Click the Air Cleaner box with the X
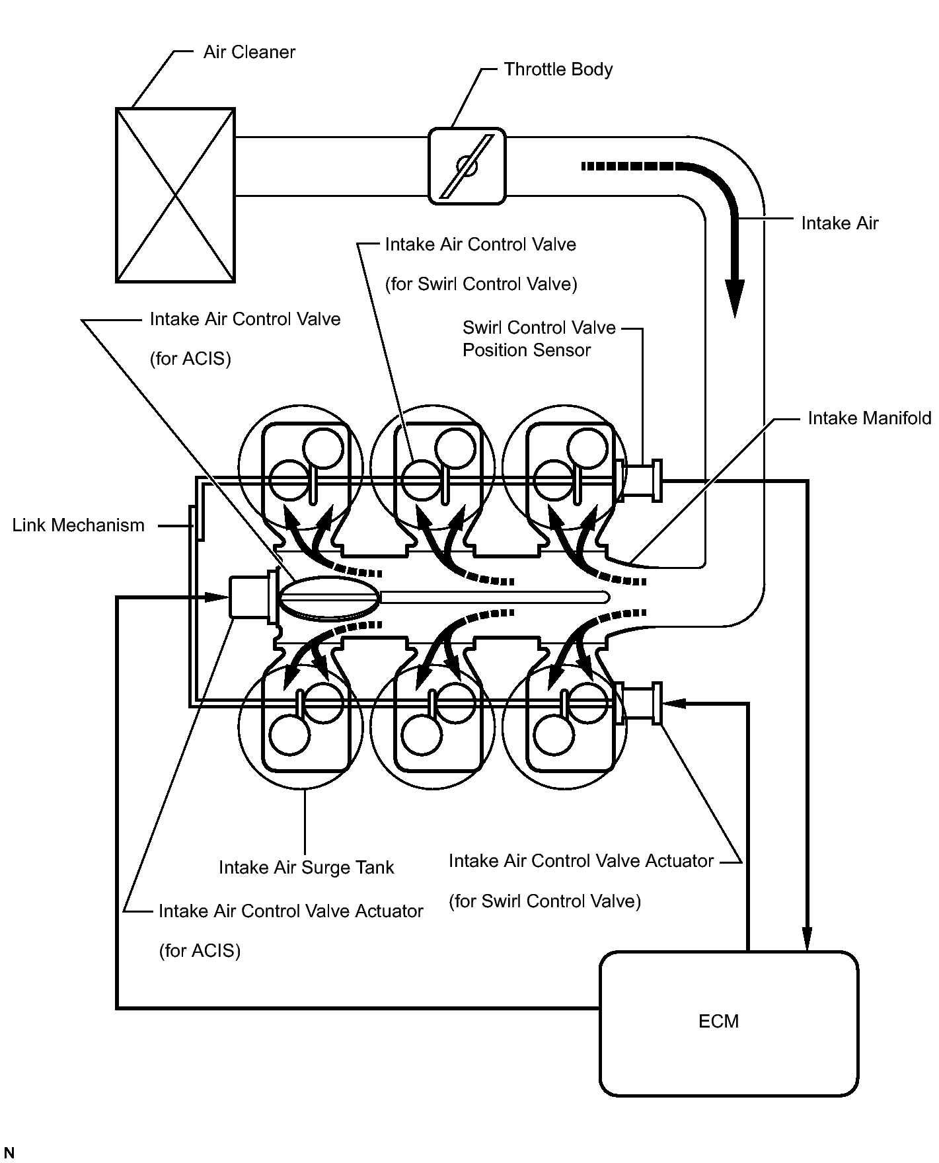coord(175,196)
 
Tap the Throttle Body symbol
coord(467,166)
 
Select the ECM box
coord(729,1023)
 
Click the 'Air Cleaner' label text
coord(249,52)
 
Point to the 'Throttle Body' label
coord(558,69)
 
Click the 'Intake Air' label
coord(839,223)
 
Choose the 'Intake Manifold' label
coord(869,418)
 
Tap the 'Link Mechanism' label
coord(78,525)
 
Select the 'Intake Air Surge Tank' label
coord(306,867)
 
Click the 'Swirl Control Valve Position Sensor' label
coord(539,338)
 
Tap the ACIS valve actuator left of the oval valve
coord(250,598)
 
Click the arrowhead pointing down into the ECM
coord(807,938)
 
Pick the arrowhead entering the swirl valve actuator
coord(675,704)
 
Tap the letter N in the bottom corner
coord(9,1153)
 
